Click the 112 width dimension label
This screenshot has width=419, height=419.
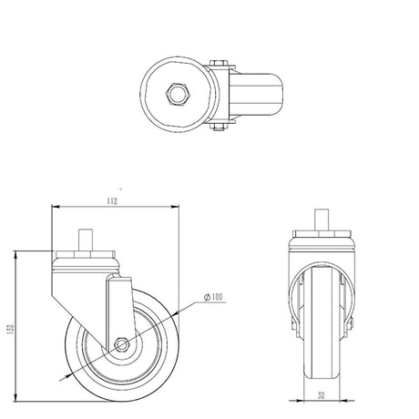[x=112, y=201]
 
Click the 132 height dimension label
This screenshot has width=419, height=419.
[x=11, y=329]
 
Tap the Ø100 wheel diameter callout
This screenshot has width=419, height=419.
[x=213, y=297]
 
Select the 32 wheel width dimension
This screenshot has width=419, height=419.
[x=321, y=395]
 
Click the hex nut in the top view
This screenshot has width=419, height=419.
[x=178, y=94]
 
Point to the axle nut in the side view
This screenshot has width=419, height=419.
[x=122, y=344]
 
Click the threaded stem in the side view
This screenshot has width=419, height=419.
[x=86, y=240]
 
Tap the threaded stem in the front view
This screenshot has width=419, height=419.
[x=322, y=220]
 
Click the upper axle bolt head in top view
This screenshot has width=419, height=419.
[x=219, y=63]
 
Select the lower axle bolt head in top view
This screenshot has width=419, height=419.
[x=219, y=127]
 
